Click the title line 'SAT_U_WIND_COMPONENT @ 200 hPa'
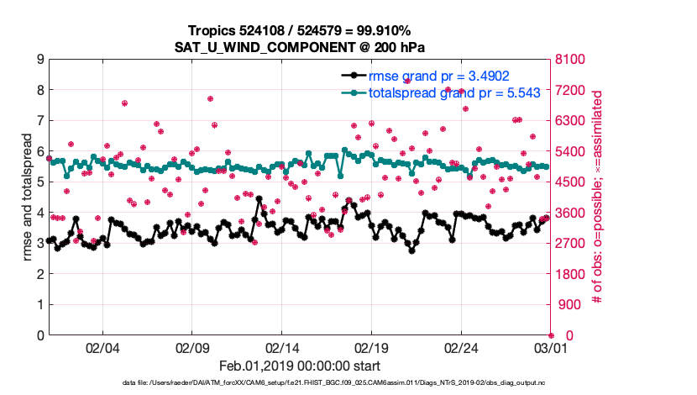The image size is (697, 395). pos(298,45)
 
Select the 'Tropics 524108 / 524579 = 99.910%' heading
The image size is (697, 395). pos(298,30)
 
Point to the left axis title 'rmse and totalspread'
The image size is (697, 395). pos(28,197)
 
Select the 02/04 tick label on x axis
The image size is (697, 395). pos(102,348)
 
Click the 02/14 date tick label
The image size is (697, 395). pos(283,348)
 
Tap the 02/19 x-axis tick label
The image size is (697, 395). pos(372,348)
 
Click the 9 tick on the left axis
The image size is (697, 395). pos(39,60)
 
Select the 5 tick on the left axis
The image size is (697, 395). pos(39,182)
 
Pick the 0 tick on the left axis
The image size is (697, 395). pos(39,335)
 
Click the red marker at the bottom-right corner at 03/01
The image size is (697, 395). pos(551,335)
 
